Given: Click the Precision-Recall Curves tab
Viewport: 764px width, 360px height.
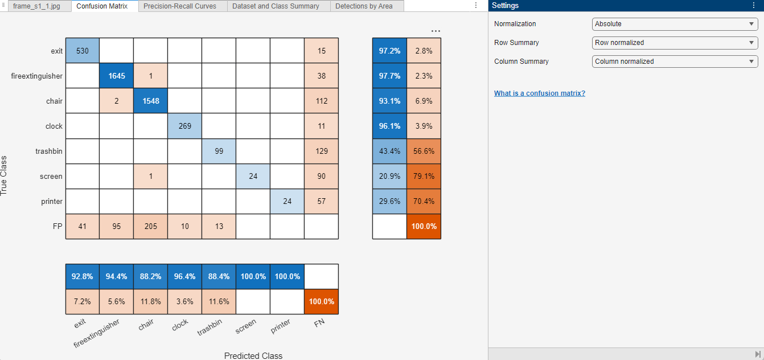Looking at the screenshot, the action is click(180, 6).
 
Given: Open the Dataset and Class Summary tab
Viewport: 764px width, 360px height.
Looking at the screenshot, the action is click(276, 6).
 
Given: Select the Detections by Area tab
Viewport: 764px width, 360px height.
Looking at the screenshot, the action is click(364, 6).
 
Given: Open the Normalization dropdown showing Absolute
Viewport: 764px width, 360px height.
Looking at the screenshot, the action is click(675, 24).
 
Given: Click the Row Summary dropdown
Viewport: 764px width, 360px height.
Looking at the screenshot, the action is click(675, 43).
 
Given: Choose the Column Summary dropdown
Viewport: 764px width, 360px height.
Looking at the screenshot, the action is click(675, 62).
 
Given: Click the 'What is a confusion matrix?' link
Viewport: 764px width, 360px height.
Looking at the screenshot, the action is click(540, 93).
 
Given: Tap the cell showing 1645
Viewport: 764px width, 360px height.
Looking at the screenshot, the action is click(117, 76).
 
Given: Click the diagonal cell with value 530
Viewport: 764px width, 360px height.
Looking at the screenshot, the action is click(83, 51).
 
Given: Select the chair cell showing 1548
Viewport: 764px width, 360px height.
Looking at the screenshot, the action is click(151, 101).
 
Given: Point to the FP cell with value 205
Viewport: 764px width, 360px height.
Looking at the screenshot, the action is click(151, 226).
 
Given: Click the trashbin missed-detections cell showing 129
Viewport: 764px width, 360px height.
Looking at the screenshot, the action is click(321, 151).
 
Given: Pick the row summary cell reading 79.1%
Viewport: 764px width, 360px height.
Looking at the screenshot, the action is click(424, 176).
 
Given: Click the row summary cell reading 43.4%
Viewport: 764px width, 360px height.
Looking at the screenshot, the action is click(389, 151).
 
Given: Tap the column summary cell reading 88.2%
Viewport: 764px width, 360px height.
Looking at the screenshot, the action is click(151, 276).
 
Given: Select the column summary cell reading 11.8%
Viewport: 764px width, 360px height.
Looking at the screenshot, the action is click(151, 302).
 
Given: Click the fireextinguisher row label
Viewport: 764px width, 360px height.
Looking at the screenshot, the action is click(36, 76).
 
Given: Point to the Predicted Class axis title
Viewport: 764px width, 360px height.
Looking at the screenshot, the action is click(253, 356).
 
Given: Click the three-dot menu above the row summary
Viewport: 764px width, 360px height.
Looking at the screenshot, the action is click(436, 31).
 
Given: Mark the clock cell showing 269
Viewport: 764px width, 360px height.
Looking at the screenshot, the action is click(185, 126).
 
